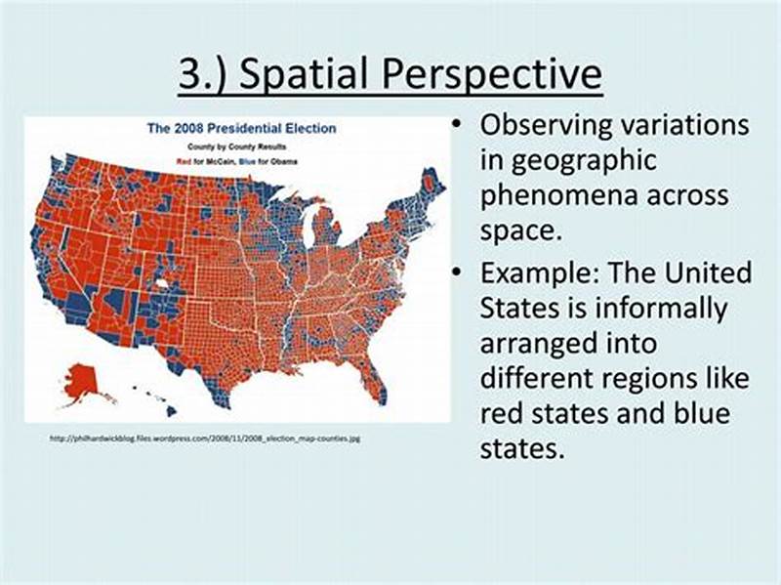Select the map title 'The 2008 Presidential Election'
pyautogui.click(x=240, y=128)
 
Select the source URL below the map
pyautogui.click(x=204, y=439)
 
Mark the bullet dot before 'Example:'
pyautogui.click(x=456, y=272)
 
